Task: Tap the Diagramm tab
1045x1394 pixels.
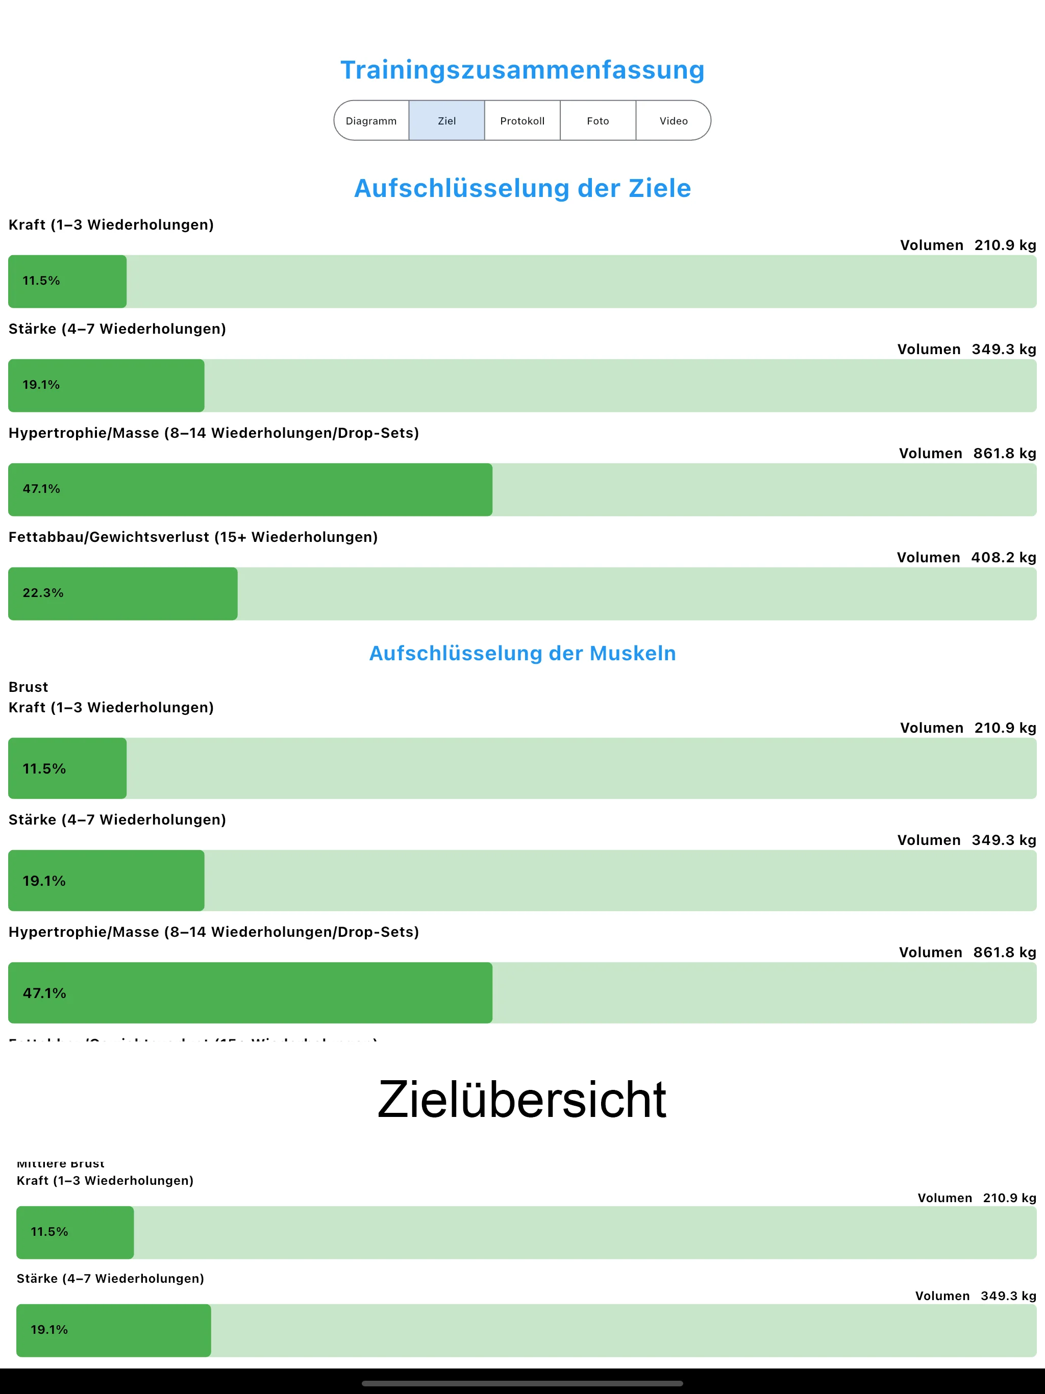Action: click(x=371, y=120)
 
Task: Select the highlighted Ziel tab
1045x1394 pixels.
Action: click(x=447, y=120)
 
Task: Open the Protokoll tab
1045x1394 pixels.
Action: click(x=522, y=120)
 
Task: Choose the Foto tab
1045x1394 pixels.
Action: click(x=598, y=120)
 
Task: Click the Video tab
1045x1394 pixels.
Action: click(x=674, y=120)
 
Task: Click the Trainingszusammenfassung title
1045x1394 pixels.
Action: click(x=522, y=70)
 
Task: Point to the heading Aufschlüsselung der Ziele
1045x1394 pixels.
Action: click(x=522, y=188)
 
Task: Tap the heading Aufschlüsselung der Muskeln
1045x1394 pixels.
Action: click(x=522, y=654)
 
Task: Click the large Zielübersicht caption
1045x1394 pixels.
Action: click(x=522, y=1099)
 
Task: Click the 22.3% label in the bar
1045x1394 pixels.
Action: click(x=43, y=593)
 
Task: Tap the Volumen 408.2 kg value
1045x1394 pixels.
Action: click(x=966, y=557)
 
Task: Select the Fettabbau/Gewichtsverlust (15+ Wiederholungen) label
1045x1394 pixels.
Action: click(x=193, y=537)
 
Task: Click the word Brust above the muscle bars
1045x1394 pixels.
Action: click(x=29, y=687)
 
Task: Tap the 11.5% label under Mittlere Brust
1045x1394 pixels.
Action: click(x=49, y=1231)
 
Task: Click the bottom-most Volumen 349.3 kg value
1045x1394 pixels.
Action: click(x=975, y=1296)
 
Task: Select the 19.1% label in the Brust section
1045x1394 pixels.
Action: click(x=44, y=881)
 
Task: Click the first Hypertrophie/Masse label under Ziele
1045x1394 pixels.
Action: click(x=214, y=433)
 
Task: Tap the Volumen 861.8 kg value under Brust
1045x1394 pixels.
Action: click(x=967, y=952)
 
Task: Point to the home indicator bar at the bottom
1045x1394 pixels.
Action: click(x=522, y=1383)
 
